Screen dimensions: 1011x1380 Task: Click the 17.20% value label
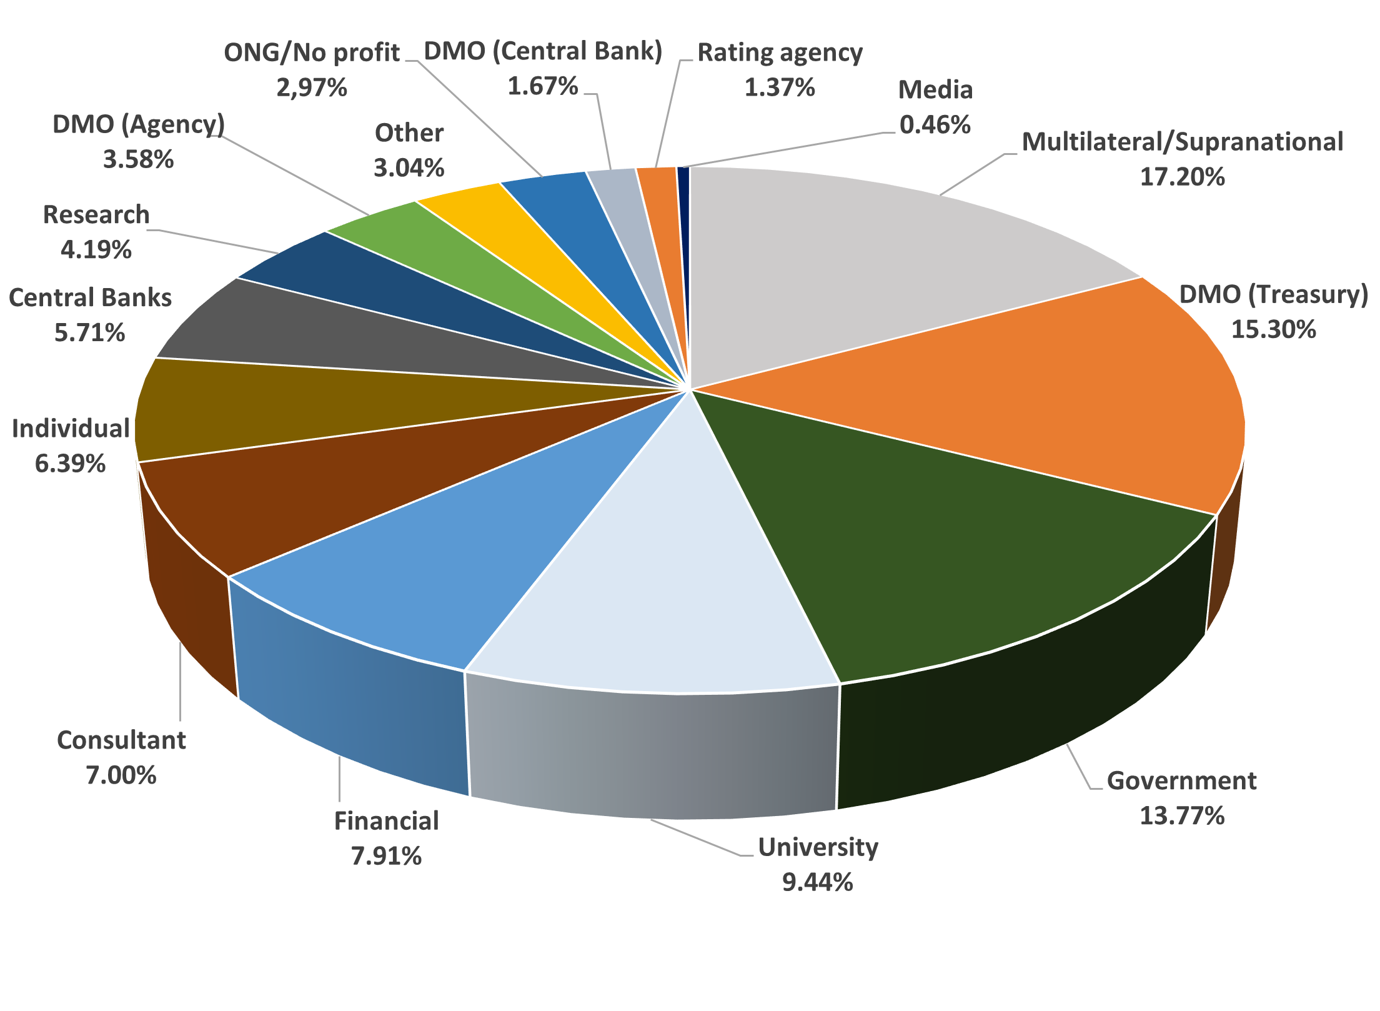coord(1182,177)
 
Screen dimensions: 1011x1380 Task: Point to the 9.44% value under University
coord(817,882)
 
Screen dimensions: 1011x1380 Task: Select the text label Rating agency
coord(780,52)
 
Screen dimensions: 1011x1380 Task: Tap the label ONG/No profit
coord(311,52)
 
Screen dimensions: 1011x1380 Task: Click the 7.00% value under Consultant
coord(121,775)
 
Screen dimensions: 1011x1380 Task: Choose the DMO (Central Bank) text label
coord(543,51)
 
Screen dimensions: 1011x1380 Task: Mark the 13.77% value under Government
coord(1181,815)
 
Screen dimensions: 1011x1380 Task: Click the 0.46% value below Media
coord(935,125)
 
